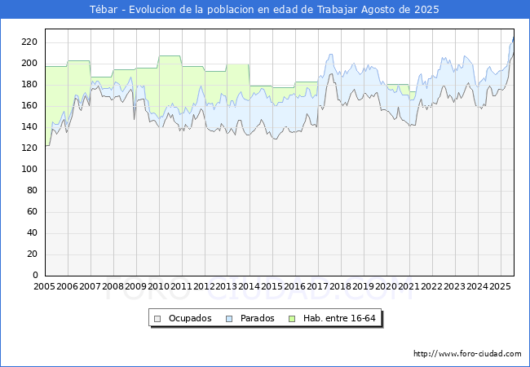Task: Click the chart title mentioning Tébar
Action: (x=264, y=10)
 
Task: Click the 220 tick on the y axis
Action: (x=29, y=42)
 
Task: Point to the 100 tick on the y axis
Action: (x=29, y=170)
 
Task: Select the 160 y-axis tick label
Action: (x=29, y=106)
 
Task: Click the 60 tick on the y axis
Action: (x=32, y=212)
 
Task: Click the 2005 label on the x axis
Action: (x=45, y=286)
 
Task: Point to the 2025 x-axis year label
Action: (x=500, y=286)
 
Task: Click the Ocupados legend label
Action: (x=190, y=318)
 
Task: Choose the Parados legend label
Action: (x=258, y=318)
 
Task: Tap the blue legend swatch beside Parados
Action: (x=229, y=318)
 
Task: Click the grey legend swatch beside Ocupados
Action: (x=157, y=318)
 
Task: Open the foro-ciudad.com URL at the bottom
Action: (x=467, y=354)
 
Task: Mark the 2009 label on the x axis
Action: (x=136, y=286)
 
